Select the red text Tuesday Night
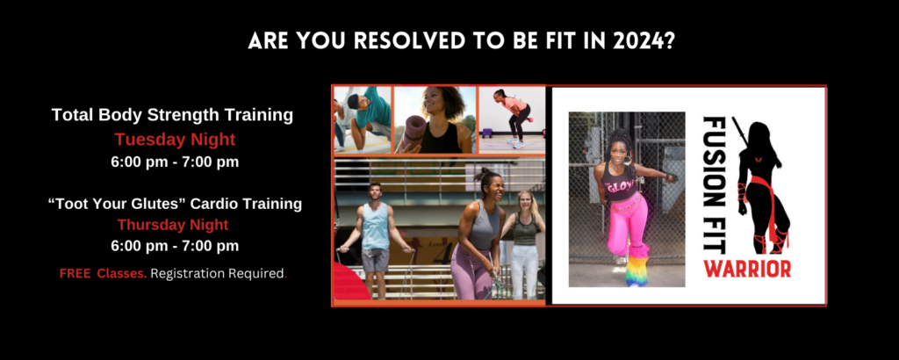pyautogui.click(x=175, y=139)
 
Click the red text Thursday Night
pyautogui.click(x=175, y=225)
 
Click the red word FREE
pyautogui.click(x=76, y=274)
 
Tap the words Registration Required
pyautogui.click(x=218, y=274)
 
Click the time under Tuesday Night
pyautogui.click(x=175, y=162)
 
